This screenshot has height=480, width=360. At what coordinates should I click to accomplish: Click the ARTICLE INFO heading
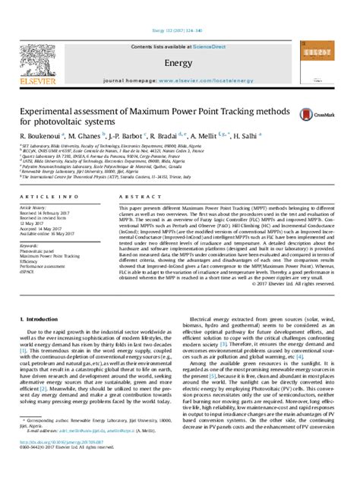point(43,197)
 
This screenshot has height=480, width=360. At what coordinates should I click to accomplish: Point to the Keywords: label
point(32,246)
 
